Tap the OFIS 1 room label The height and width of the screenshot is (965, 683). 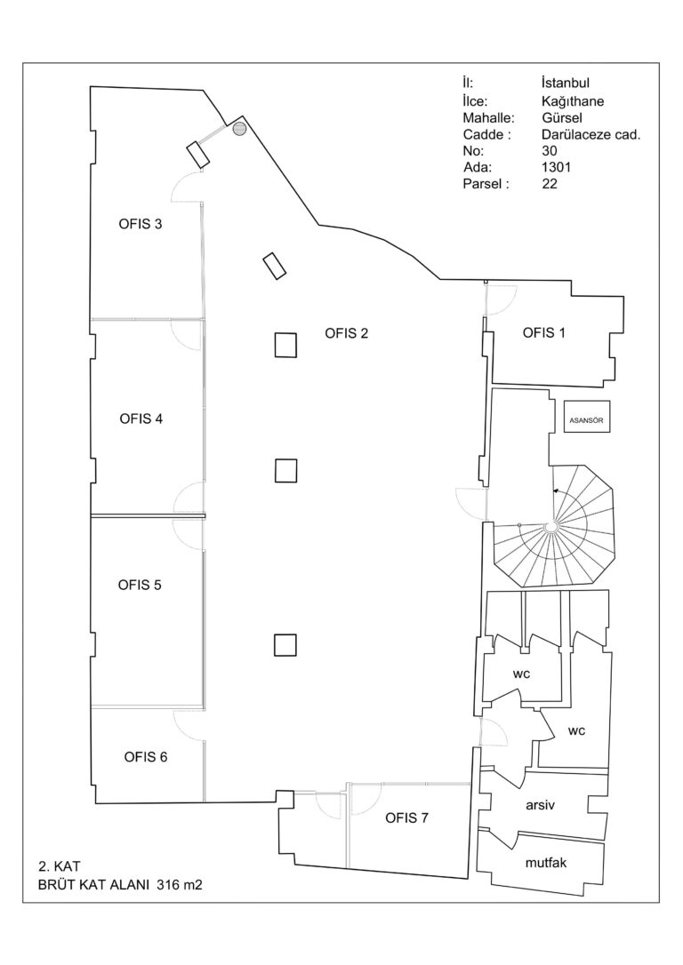click(543, 333)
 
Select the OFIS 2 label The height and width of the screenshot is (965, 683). click(346, 333)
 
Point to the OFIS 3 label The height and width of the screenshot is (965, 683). click(141, 224)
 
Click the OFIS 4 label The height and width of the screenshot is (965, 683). click(141, 419)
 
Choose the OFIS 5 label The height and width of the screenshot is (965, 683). click(140, 585)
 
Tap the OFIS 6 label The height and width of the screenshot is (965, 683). click(145, 757)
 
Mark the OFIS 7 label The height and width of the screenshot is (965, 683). click(406, 817)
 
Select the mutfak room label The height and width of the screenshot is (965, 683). click(546, 863)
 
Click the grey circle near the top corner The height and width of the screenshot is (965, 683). click(239, 129)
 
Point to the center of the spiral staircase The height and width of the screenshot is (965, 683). click(551, 526)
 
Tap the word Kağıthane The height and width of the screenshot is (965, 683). click(572, 100)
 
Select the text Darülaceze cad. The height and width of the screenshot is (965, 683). click(591, 134)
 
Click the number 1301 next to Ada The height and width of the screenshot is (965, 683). click(556, 167)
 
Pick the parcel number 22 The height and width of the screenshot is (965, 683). click(550, 183)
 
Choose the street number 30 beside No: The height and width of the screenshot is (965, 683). click(550, 151)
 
